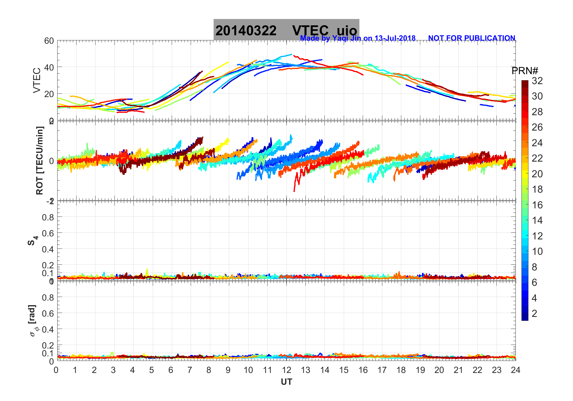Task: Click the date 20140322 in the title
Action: (246, 31)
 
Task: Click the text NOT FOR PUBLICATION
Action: (471, 38)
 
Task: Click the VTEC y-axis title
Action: (36, 80)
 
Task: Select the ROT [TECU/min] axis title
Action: (39, 160)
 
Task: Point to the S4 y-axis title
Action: (33, 241)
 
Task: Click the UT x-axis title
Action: (286, 382)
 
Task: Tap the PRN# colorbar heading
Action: (525, 71)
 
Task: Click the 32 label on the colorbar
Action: (537, 81)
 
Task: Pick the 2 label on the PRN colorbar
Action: (534, 314)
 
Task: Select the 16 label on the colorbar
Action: (537, 205)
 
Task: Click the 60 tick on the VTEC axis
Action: (49, 41)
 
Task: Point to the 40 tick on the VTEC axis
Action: (49, 67)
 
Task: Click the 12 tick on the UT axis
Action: (286, 370)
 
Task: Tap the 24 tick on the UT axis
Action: (515, 370)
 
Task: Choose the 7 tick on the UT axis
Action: (190, 370)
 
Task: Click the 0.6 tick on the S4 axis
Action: (48, 233)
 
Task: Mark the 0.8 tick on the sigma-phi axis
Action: (48, 297)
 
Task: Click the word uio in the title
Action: (347, 31)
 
